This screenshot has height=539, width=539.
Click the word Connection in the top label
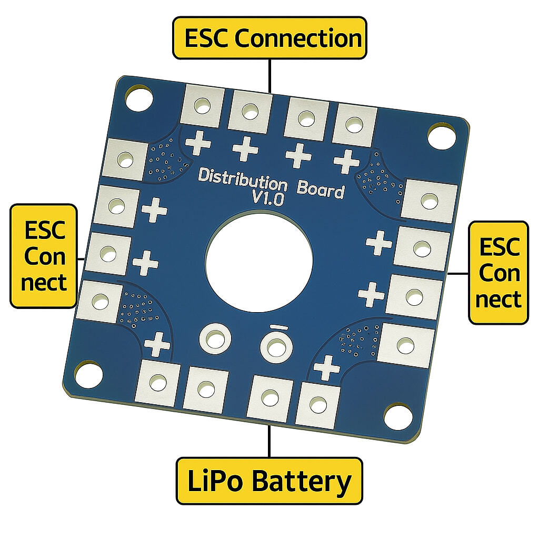tap(298, 38)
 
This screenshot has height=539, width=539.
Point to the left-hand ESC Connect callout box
tap(44, 256)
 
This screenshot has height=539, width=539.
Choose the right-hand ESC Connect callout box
tap(498, 273)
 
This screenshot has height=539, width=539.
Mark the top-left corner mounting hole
tap(138, 98)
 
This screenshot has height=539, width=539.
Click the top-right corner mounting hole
tap(441, 135)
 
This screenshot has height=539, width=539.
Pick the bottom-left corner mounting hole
tap(88, 374)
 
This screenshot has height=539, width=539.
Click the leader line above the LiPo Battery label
tap(269, 441)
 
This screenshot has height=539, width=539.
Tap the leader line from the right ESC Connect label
tap(458, 273)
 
